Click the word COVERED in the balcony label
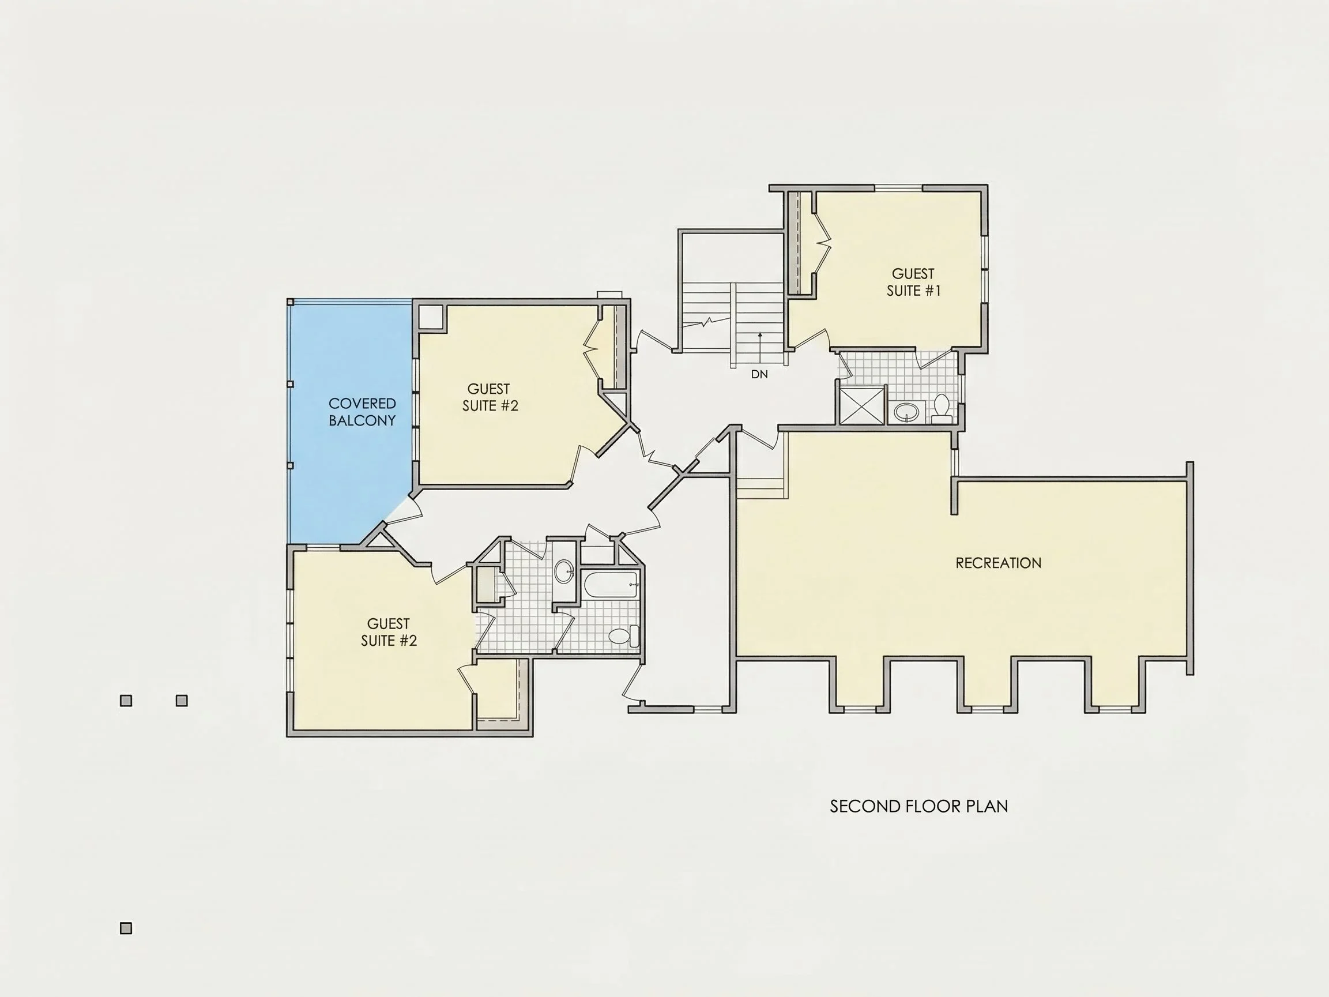[x=362, y=403]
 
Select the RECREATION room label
[x=999, y=563]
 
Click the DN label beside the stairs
[x=759, y=374]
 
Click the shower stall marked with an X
[x=861, y=405]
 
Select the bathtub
[x=611, y=585]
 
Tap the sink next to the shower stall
[x=906, y=412]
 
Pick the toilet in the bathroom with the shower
[x=942, y=408]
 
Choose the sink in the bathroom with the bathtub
[x=564, y=571]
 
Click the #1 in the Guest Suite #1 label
[x=933, y=291]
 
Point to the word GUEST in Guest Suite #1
[x=913, y=274]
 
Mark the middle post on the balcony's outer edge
[x=290, y=384]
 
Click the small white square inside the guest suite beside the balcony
[x=431, y=317]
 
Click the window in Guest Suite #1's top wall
[x=898, y=188]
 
